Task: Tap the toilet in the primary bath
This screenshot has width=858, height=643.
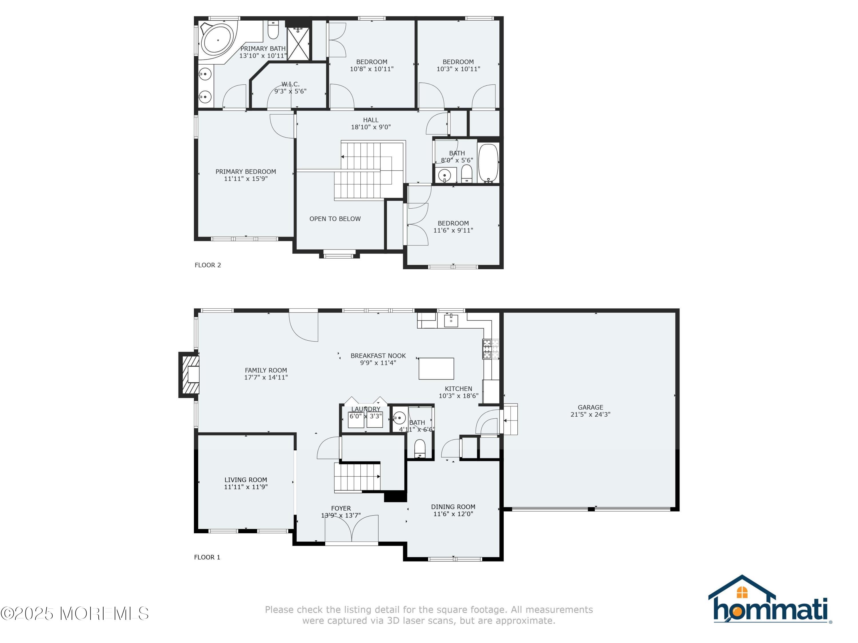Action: click(273, 30)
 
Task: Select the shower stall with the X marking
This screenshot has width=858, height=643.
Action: click(299, 43)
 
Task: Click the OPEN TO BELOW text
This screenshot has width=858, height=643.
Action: click(335, 219)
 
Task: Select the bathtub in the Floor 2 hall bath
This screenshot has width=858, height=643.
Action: click(488, 163)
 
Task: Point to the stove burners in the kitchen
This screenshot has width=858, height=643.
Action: click(490, 349)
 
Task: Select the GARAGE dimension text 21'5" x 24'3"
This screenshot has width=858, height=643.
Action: click(590, 414)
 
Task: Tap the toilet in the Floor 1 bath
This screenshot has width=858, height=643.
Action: click(420, 448)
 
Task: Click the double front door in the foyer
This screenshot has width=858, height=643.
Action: click(351, 529)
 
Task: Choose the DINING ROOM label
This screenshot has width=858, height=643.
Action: click(453, 507)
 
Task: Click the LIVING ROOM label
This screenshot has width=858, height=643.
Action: click(245, 480)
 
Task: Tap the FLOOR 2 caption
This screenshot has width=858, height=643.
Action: click(208, 265)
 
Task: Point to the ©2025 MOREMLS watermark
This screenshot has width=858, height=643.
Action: click(74, 614)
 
